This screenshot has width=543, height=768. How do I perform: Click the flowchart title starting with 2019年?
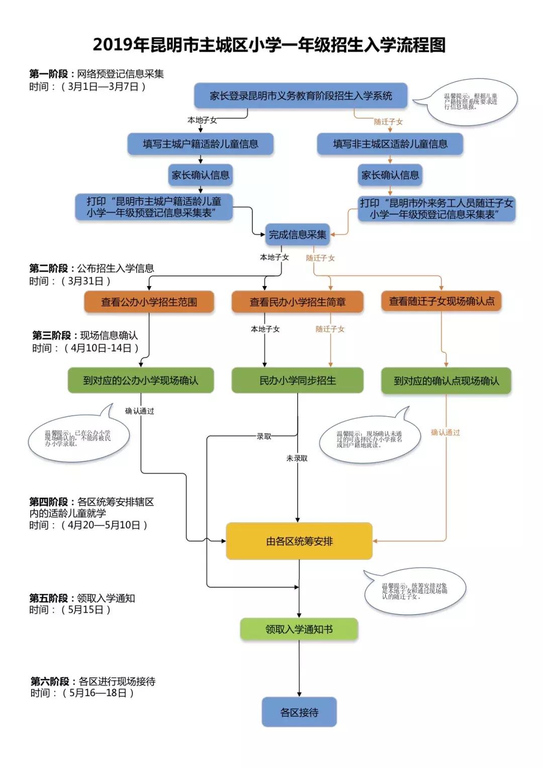tap(269, 45)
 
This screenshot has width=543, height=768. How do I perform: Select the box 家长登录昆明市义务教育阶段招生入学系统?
tap(301, 95)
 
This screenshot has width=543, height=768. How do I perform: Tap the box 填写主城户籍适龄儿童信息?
tap(200, 144)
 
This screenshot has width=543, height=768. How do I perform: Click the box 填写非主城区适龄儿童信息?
tap(390, 144)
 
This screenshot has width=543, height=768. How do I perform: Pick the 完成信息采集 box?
tap(297, 235)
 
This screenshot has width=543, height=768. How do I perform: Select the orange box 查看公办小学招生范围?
tap(149, 302)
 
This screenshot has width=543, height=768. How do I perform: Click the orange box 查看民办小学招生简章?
tap(297, 302)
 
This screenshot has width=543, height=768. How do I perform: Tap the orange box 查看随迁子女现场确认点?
tap(441, 301)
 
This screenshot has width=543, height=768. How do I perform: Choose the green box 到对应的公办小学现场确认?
tap(141, 380)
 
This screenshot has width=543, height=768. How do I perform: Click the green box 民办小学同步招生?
tap(297, 380)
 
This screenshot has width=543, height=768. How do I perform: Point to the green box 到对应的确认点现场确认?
tap(446, 381)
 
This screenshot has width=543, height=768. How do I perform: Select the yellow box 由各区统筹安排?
tap(299, 541)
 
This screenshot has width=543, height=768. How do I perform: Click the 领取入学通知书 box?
tap(299, 629)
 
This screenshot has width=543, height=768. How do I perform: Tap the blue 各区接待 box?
tap(299, 712)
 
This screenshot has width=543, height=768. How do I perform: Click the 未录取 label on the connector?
tap(297, 458)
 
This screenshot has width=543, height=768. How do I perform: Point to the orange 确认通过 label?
tap(445, 432)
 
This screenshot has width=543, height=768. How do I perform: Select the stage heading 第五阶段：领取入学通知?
tap(82, 598)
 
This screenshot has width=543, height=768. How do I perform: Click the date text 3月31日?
tap(85, 281)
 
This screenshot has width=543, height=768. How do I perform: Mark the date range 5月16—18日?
tap(98, 693)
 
